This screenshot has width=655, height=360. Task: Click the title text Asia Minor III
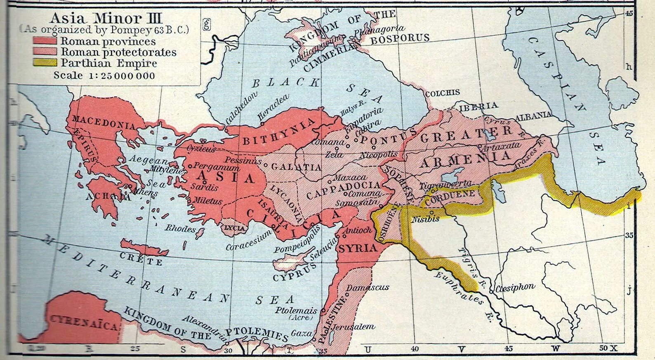106,18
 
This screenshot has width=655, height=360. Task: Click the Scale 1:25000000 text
104,75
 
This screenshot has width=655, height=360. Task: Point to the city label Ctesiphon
515,287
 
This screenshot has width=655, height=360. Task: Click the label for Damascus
368,287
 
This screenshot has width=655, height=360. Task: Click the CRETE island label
141,259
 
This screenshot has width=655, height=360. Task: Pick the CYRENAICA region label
84,323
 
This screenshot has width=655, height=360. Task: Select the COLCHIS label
442,93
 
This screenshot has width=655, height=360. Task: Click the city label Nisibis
426,219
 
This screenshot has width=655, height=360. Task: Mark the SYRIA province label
358,248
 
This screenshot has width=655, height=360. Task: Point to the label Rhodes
180,228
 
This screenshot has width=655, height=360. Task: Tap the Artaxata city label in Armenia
495,146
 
